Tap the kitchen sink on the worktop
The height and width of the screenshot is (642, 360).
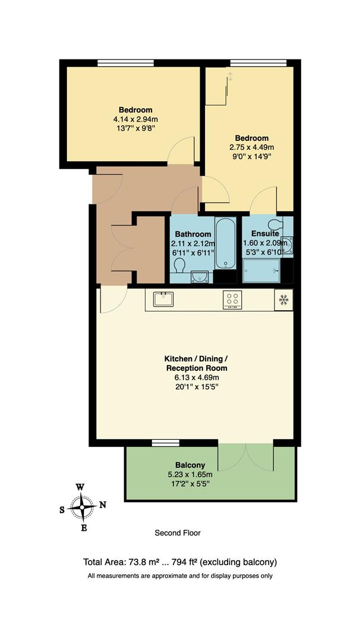[x=163, y=298]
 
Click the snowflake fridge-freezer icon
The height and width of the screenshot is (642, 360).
[x=283, y=300]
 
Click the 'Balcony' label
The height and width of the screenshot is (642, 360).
[x=190, y=465]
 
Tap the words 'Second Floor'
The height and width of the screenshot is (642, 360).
[x=178, y=533]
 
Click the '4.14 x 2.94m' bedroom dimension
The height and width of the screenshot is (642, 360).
[x=135, y=119]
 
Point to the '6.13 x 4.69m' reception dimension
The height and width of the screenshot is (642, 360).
[x=195, y=377]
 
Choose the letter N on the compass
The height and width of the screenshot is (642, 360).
[x=102, y=505]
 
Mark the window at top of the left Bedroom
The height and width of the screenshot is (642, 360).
[x=126, y=62]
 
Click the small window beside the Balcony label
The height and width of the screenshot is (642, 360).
[x=166, y=443]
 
